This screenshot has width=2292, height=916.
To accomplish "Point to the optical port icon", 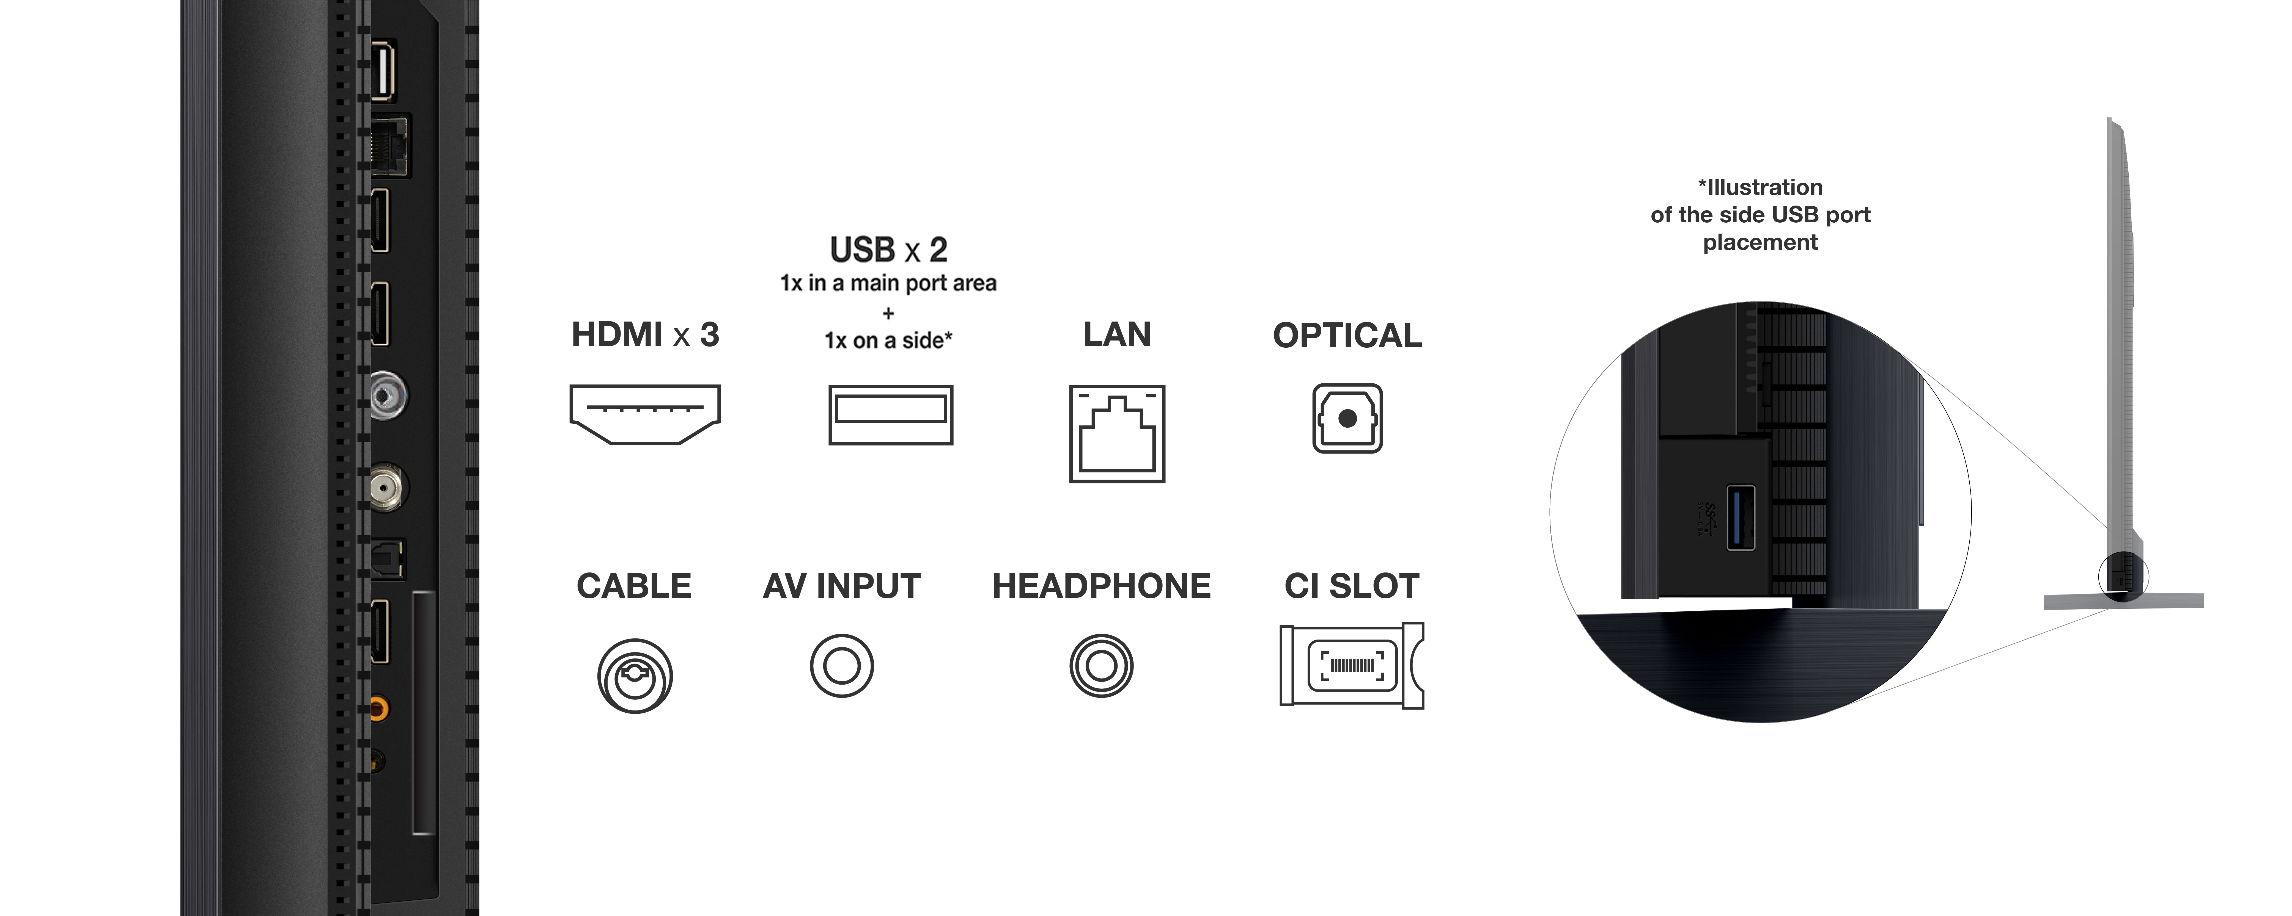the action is (x=1347, y=418).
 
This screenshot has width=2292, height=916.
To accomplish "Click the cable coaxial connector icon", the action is (x=634, y=676).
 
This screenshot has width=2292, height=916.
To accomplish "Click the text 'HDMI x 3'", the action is (x=645, y=334).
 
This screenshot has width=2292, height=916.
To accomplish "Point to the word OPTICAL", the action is (x=1347, y=335).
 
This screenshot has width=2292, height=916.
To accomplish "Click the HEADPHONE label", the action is (x=1102, y=586).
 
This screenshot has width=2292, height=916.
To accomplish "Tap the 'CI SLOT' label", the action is (x=1352, y=586).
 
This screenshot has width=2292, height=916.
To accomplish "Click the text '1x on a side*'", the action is (x=888, y=341).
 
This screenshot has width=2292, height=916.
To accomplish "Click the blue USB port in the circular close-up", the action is (x=1740, y=518).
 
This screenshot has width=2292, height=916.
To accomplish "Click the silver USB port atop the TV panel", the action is (x=383, y=70).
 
